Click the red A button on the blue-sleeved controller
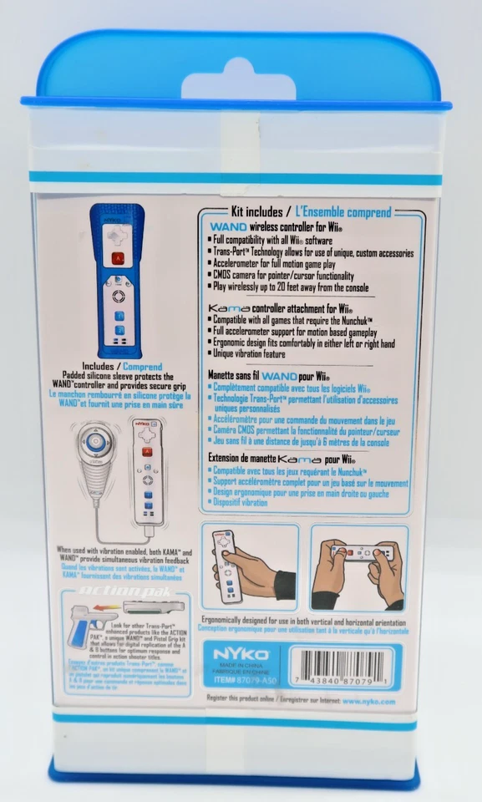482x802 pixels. coord(119,259)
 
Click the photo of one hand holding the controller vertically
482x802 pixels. coord(249,565)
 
